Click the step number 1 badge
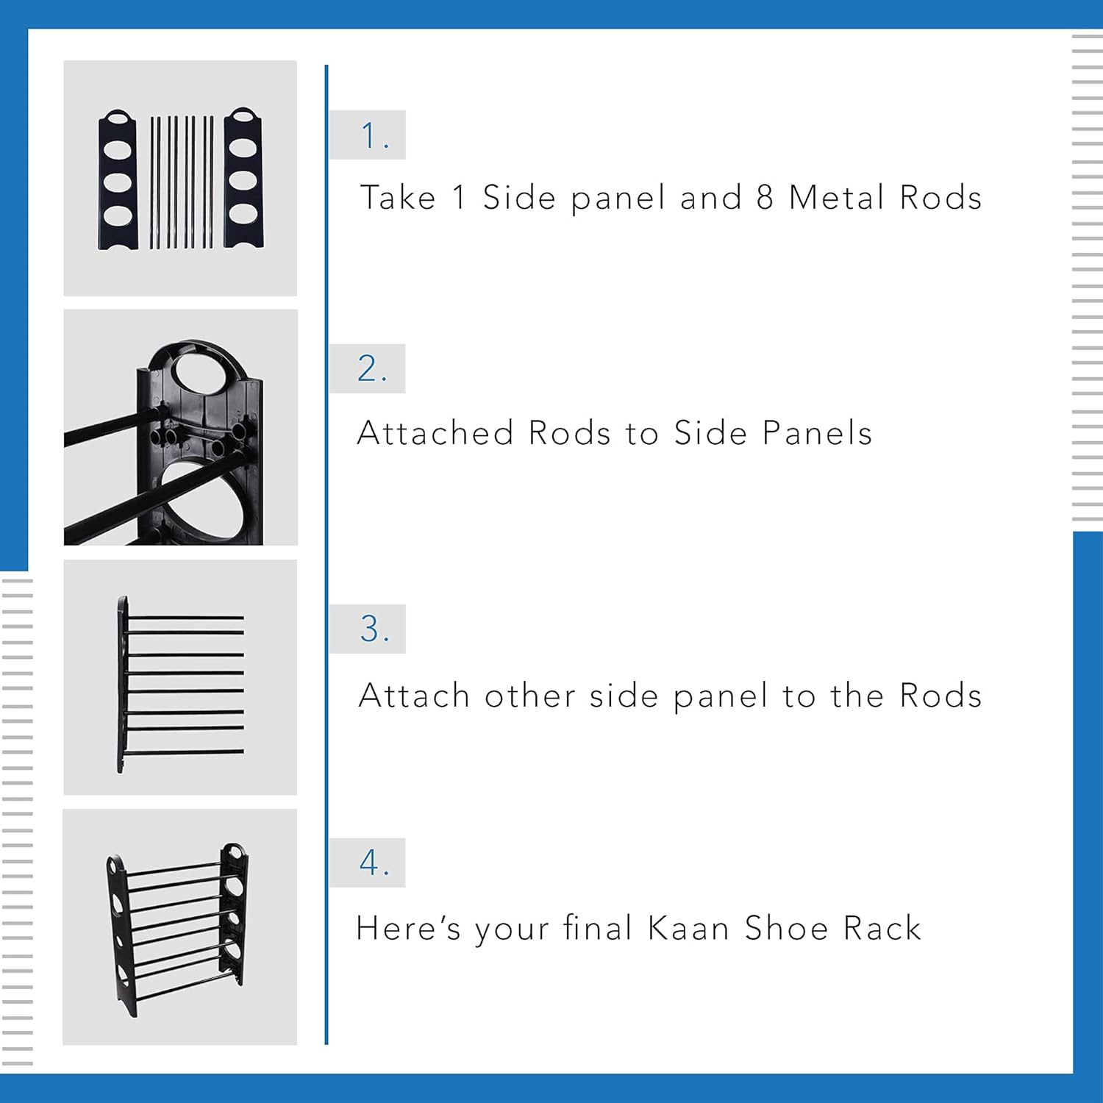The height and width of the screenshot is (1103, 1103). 368,135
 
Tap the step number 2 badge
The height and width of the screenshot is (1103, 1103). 368,368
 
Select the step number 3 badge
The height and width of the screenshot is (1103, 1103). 368,629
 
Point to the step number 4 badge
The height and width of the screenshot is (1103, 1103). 368,863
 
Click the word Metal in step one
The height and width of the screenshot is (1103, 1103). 835,198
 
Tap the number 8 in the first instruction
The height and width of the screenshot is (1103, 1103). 765,198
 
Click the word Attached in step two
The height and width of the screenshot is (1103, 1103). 435,433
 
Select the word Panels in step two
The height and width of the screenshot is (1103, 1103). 817,433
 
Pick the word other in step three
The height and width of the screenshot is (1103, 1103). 529,696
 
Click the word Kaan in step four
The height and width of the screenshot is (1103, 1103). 688,929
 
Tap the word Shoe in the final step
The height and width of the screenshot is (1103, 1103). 786,929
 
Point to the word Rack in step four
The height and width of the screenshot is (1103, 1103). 882,929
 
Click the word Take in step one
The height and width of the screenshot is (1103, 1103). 398,198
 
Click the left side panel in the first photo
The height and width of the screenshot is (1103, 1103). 118,179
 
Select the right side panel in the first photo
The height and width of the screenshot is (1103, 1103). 243,178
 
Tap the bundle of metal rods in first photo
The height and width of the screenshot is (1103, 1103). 182,182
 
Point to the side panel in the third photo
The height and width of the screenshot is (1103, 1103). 122,684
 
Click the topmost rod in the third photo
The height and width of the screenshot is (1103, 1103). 184,618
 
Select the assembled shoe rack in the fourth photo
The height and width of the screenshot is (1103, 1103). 179,928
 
